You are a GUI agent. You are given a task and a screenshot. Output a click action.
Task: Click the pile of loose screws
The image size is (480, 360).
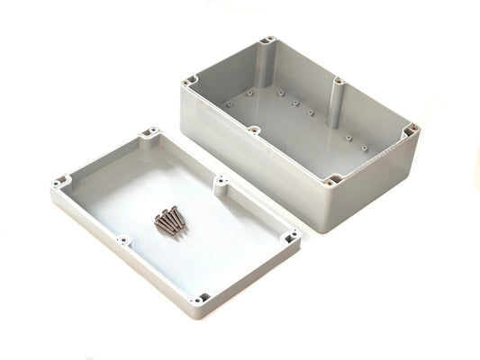[x=169, y=220]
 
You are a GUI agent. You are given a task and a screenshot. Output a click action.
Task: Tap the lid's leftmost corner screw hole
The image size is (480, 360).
[x=60, y=182]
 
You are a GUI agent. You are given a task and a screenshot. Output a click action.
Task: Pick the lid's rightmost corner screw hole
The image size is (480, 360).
[x=291, y=237]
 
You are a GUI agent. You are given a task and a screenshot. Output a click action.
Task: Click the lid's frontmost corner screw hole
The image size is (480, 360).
[x=204, y=297]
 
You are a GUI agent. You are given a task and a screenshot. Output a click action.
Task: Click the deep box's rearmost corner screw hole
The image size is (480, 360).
[x=269, y=40]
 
